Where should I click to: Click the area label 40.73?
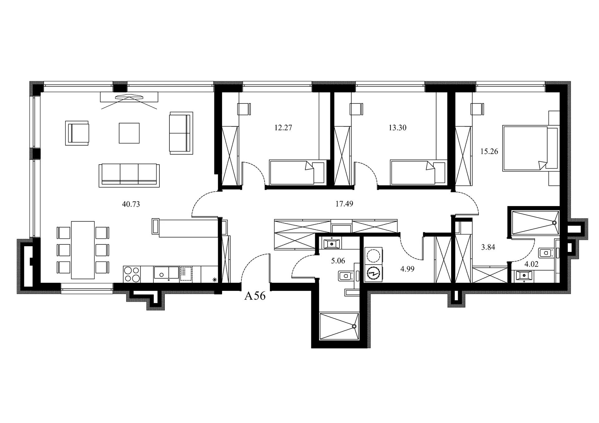[131, 204]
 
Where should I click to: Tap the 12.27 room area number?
[283, 128]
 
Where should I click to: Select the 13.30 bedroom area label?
[397, 128]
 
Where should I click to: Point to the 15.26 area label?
[489, 151]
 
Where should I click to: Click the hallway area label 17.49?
[344, 204]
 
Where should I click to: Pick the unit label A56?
[255, 296]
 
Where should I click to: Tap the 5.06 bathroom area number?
[338, 261]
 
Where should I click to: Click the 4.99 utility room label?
[407, 269]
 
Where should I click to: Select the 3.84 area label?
[488, 247]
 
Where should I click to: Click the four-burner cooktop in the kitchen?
[132, 274]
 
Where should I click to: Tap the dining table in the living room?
[83, 250]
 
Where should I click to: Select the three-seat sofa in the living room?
[129, 175]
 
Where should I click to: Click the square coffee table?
[129, 133]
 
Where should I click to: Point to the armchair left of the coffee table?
[77, 133]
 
